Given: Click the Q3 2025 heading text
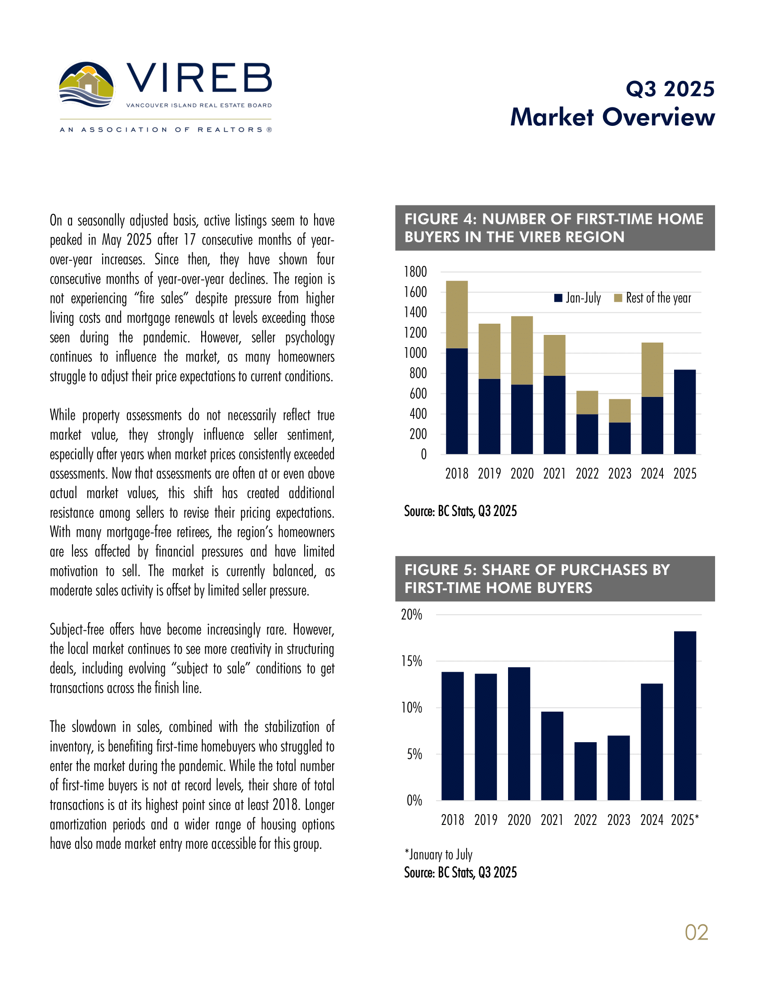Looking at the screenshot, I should [670, 89].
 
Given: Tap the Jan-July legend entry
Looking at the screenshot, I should [578, 298].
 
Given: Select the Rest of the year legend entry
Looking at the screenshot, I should [652, 298].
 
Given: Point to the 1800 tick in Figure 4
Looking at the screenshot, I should [415, 272].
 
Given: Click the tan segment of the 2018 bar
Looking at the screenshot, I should [457, 314].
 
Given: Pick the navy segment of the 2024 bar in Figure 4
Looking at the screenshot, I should [652, 425].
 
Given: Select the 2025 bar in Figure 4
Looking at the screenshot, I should [685, 412].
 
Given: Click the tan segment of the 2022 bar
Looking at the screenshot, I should [587, 402].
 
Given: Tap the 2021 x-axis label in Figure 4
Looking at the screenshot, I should [554, 474].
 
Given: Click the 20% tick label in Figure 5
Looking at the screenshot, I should [411, 615].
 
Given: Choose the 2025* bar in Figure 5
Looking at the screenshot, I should [685, 716].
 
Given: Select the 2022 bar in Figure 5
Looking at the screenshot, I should [585, 771].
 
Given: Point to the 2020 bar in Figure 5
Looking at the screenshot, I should [519, 734].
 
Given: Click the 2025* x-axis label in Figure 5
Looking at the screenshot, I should [685, 820].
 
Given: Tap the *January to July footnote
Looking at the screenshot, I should [438, 855].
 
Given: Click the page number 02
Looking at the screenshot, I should [696, 932].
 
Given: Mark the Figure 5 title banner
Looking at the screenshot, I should [555, 579].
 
